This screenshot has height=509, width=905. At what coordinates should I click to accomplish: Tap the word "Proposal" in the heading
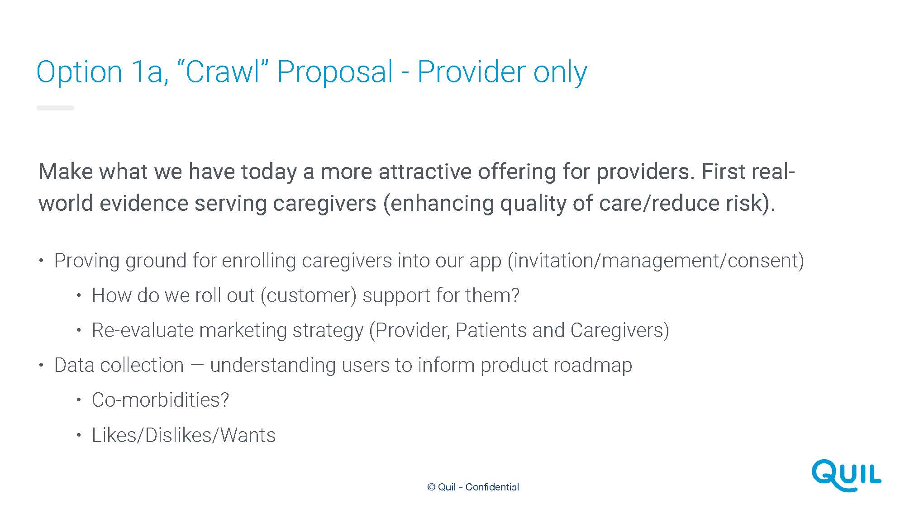(x=335, y=72)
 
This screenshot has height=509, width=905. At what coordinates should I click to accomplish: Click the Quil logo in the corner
(x=846, y=476)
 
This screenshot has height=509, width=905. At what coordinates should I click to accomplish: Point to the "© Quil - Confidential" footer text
(x=473, y=487)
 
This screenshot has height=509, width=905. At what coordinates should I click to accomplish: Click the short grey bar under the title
(x=55, y=108)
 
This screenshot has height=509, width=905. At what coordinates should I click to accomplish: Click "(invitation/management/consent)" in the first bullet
(x=656, y=261)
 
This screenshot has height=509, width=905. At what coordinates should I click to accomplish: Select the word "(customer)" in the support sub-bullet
(x=309, y=296)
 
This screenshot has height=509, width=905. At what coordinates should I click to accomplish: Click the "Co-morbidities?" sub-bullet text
(x=160, y=400)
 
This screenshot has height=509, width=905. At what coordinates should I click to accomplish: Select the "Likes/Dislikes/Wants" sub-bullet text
(x=184, y=435)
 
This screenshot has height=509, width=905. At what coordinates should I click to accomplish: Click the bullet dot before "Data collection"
(x=41, y=365)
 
